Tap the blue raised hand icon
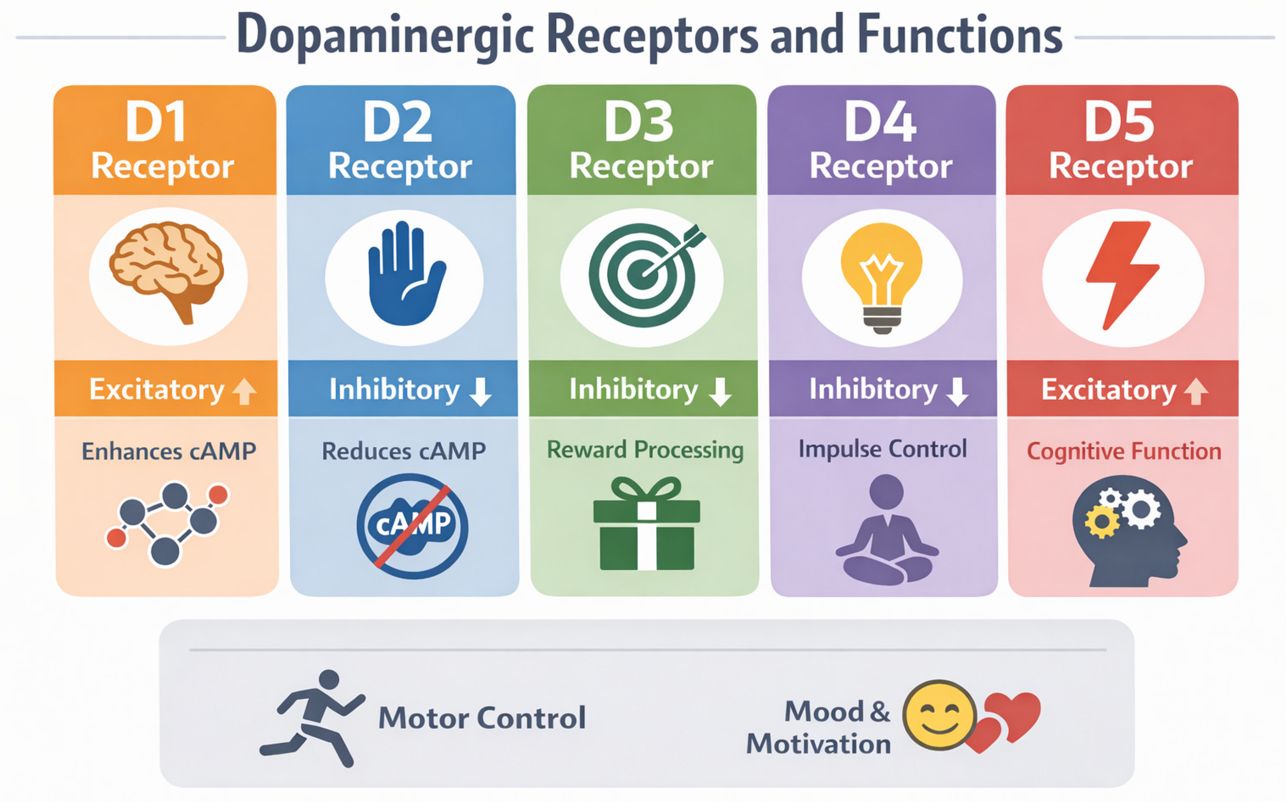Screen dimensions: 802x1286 coord(406,274)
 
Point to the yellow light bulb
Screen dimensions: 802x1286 coord(882,276)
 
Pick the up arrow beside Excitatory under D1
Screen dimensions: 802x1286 coord(244,391)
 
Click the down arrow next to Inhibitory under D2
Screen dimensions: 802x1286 coord(481,391)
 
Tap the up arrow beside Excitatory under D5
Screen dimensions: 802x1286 coord(1196,391)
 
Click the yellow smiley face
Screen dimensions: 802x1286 coord(939,715)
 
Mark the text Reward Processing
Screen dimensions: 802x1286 coord(645,450)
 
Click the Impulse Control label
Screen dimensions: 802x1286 coord(882,449)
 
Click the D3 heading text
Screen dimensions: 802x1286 coord(638,122)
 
